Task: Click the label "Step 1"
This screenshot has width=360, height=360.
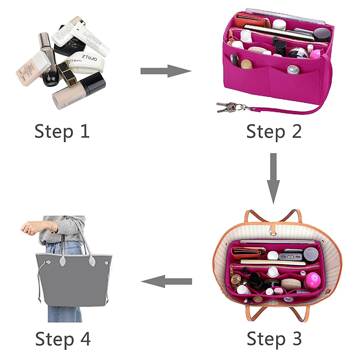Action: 62,132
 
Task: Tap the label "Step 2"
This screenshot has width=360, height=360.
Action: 274,132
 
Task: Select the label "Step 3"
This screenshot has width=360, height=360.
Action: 274,338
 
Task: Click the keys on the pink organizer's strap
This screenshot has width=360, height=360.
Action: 227,107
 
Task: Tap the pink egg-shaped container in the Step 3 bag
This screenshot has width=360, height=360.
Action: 312,281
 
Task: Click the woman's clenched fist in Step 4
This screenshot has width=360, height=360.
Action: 27,228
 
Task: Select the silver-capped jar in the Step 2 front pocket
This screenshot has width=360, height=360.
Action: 293,69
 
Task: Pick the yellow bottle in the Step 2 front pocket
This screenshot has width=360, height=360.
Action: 246,64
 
